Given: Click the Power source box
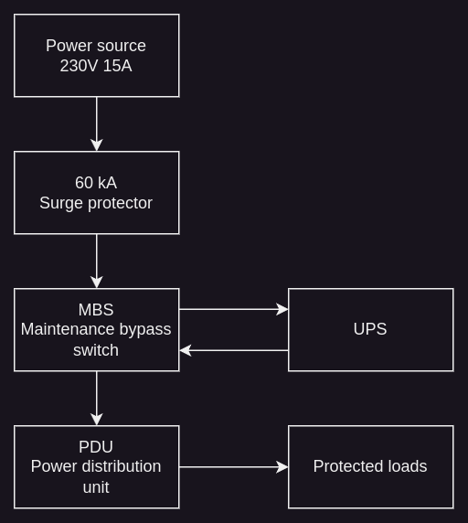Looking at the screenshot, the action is pos(97,56).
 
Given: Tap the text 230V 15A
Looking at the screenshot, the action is pos(96,66).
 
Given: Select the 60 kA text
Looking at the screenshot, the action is pos(96,183).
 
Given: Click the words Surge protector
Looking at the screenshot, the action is pos(96,203).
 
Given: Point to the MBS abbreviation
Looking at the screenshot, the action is pos(96,310).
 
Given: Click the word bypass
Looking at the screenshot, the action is pos(145,330).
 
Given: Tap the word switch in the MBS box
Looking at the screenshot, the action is pos(96,350).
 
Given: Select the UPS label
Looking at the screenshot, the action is pos(370,329).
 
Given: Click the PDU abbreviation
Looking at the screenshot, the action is pos(96,447).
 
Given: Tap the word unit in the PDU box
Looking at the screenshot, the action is pos(96,487).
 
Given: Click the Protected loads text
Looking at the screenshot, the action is pos(370,466).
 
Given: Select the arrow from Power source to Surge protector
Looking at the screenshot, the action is pos(97,124).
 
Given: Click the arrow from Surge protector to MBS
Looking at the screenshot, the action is pos(97,261).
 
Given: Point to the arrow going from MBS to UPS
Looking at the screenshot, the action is pos(234,310).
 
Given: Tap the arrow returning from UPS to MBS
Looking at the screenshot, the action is pos(234,350).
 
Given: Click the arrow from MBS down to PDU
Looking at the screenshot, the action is pos(97,399).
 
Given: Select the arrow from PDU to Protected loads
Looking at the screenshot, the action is pos(234,467).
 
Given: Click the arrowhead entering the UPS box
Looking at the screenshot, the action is pos(282,310).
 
